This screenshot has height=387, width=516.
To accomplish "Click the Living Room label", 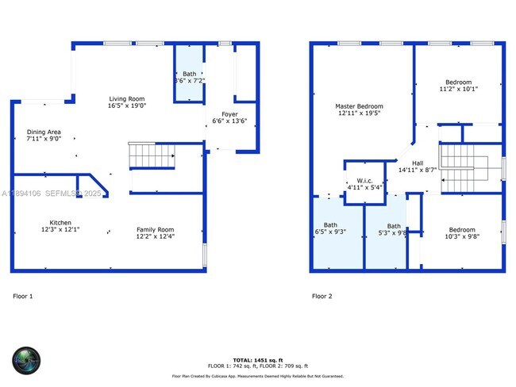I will coord(127,98).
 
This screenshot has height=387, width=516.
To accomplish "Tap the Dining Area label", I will coord(44,132).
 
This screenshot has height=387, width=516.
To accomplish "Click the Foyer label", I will coord(229,115).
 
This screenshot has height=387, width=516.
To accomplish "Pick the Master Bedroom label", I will coord(359,106).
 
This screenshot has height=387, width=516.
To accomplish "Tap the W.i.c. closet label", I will coord(364,181).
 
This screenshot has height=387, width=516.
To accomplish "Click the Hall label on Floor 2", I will coord(417,163).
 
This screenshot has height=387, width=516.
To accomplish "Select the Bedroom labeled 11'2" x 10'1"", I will coord(458,82).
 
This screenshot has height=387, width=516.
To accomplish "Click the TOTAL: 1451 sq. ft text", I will coord(257,359).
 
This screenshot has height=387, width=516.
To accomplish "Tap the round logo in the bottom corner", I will coord(26,360).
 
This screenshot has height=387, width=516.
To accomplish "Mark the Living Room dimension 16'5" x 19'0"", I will coord(127,105).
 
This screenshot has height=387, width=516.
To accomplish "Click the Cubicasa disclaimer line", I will coord(257,376).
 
